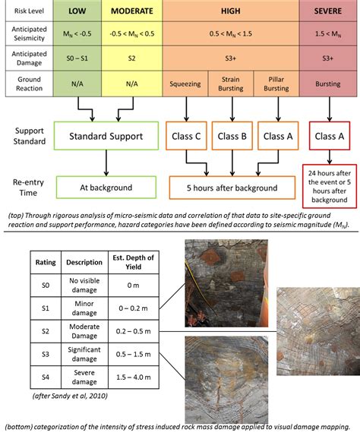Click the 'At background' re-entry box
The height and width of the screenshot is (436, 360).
coord(106,188)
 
